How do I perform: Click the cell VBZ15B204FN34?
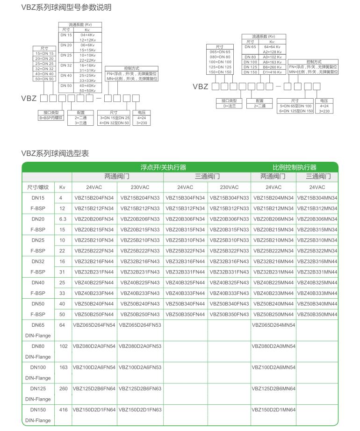pos(94,198)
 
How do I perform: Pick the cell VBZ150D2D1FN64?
pos(94,409)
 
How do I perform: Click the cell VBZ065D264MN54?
pos(274,325)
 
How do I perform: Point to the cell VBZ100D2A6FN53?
pos(140,367)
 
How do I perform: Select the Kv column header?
pos(63,187)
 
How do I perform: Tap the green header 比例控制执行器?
pos(295,167)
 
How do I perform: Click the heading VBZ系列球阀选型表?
pos(55,153)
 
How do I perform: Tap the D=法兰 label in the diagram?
pos(229,106)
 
